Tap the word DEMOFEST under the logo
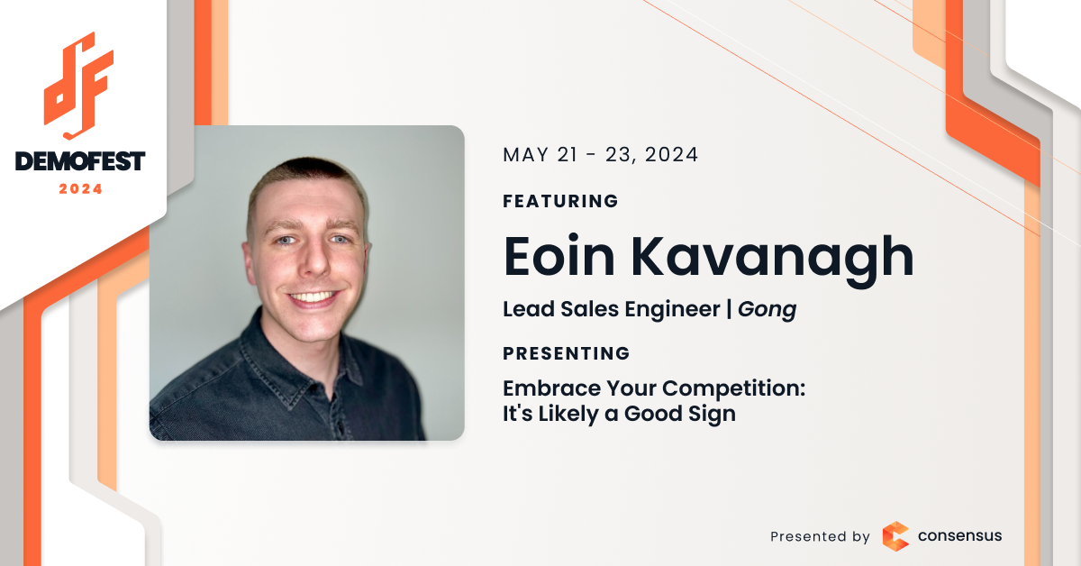[80, 161]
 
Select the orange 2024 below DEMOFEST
[80, 189]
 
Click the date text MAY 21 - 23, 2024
[600, 155]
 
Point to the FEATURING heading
[560, 201]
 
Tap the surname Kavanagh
[773, 260]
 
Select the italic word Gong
[767, 309]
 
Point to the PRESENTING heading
[566, 353]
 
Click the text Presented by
[820, 536]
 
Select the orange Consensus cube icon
[895, 536]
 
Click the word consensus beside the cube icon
[960, 535]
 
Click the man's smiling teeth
[313, 297]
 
